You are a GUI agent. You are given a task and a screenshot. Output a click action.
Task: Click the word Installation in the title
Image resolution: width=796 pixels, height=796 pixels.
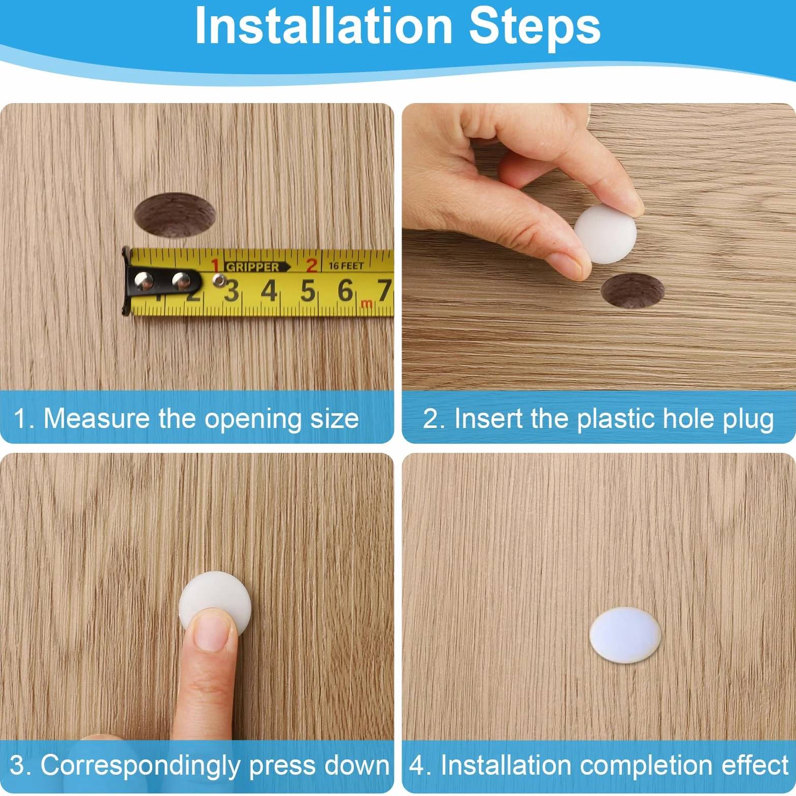point(323,26)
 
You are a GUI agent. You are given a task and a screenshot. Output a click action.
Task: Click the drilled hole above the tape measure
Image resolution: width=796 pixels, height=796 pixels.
point(175,215)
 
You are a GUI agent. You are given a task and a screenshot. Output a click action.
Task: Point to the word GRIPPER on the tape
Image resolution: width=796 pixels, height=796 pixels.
point(252,267)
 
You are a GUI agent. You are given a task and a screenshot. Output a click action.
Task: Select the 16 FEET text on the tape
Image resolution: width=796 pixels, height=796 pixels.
point(346,266)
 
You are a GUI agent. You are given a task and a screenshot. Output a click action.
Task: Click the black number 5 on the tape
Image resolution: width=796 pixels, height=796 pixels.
point(308,291)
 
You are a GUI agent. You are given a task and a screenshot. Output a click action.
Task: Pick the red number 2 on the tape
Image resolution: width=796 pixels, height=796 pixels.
point(311,265)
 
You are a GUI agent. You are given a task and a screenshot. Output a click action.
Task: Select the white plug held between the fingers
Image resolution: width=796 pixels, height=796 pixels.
point(605,234)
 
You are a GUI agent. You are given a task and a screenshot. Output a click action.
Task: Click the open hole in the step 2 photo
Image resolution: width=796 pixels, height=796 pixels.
point(633,290)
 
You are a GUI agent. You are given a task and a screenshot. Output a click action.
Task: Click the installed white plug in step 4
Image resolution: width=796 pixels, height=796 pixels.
point(625,635)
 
